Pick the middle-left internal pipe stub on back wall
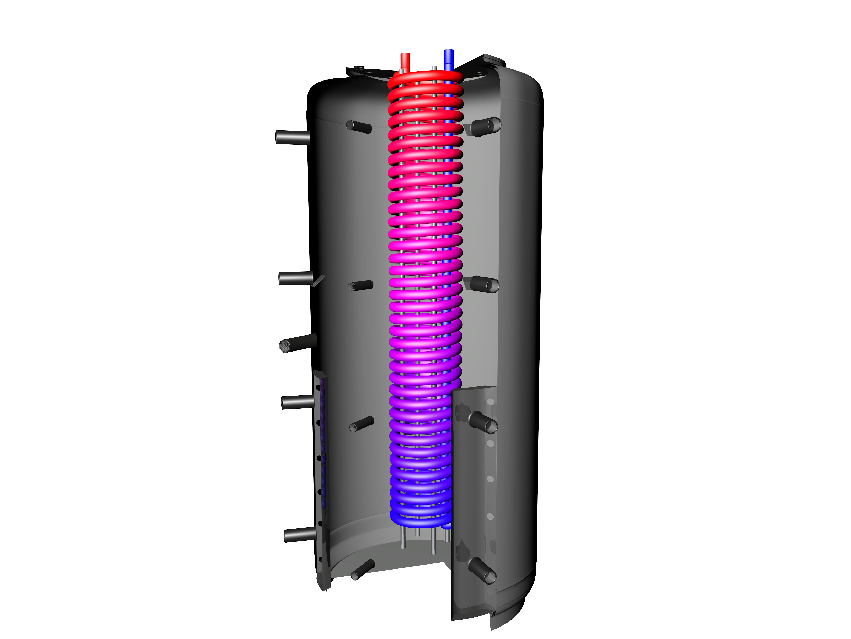(360, 285)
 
